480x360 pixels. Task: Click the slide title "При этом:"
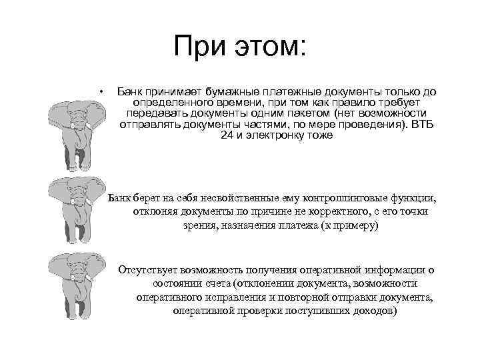coord(239,47)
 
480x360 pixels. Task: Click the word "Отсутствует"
coord(147,270)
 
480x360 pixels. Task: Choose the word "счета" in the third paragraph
coord(190,283)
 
